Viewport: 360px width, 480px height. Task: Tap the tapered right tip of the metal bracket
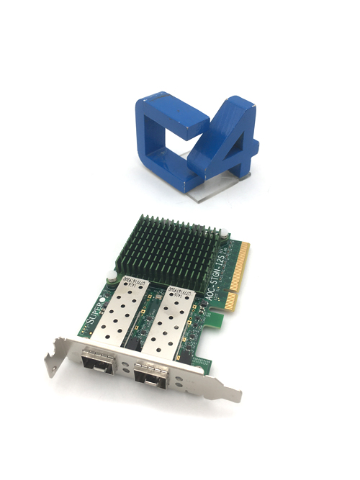(236, 396)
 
